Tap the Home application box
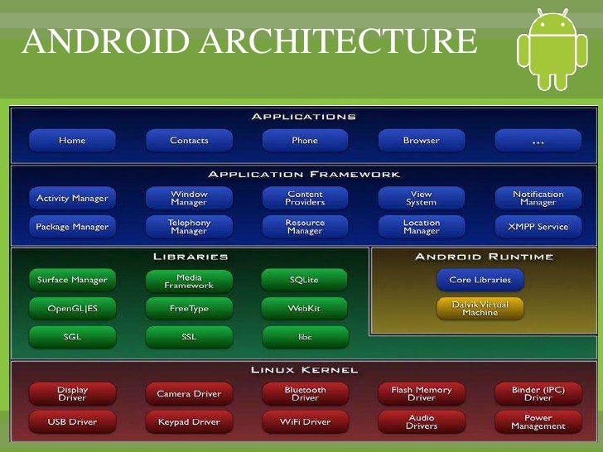click(72, 141)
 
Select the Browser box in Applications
click(421, 141)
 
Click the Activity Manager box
click(72, 199)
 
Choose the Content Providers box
click(305, 199)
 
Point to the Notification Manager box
click(538, 199)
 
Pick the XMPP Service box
click(538, 226)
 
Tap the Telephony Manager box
click(189, 226)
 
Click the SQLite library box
click(304, 281)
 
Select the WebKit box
click(304, 309)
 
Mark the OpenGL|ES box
click(72, 309)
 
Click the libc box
click(304, 337)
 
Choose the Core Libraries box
click(480, 280)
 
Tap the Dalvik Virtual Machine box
click(480, 309)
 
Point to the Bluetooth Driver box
click(305, 393)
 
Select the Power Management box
click(538, 422)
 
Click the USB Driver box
click(72, 422)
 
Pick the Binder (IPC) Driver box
click(538, 393)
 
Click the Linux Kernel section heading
click(304, 369)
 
